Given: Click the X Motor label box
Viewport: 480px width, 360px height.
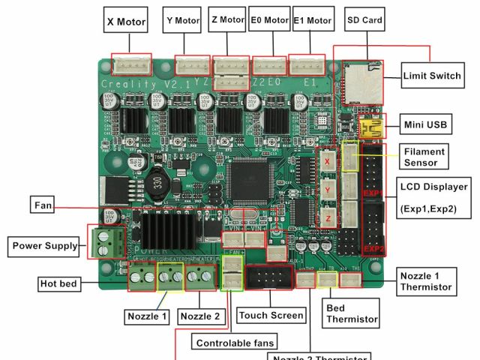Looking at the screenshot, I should (126, 21).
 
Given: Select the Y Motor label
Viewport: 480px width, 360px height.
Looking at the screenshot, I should (182, 20).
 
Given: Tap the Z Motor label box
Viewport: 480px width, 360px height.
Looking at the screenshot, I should (227, 19).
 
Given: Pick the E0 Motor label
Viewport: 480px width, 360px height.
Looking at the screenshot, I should (268, 20).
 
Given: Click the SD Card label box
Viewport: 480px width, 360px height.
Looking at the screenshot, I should (364, 19).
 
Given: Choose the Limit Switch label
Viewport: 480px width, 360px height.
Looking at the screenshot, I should (432, 76).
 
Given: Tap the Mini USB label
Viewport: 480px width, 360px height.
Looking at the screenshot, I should (425, 124).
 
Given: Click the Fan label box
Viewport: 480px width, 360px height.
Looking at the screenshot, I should (43, 205).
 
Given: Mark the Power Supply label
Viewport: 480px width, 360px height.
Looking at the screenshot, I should (44, 245).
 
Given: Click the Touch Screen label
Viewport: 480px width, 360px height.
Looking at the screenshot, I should (271, 316).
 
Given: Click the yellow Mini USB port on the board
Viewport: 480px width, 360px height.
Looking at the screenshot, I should (371, 127).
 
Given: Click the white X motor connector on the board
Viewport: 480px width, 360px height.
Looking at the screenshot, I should (131, 64).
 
